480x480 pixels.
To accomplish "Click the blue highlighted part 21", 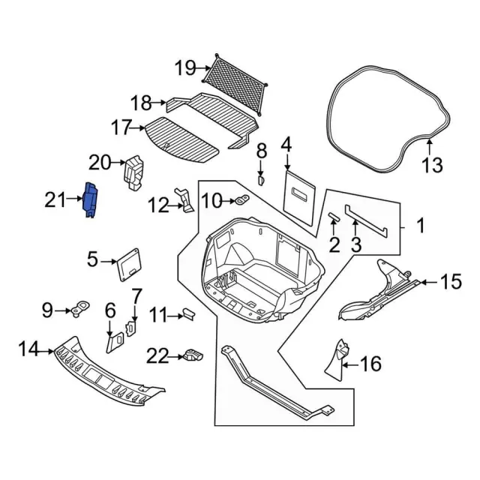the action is (x=91, y=200).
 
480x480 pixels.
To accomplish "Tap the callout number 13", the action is (x=432, y=165).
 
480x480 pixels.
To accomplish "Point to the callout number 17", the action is (x=121, y=127).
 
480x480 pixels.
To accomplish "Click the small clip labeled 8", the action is (x=261, y=180).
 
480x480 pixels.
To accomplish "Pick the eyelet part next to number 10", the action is (x=242, y=200).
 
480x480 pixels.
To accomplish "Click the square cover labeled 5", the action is (x=130, y=265).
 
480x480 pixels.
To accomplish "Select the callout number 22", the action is (x=157, y=356).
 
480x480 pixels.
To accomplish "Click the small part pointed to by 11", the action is (x=188, y=314).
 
